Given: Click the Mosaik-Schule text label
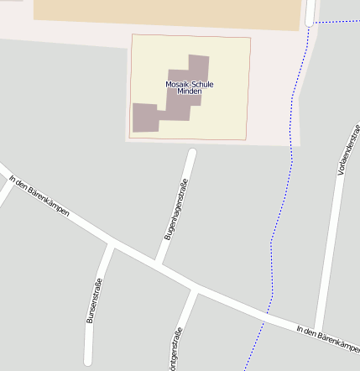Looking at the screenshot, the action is (x=189, y=84).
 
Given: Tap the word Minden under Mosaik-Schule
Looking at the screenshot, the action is (x=189, y=91).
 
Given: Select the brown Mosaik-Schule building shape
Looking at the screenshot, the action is (x=148, y=117).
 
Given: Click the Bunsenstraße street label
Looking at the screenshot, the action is (x=93, y=300).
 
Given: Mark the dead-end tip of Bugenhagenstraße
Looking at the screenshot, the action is (x=191, y=153).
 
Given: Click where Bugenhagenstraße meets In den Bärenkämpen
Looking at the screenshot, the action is (x=159, y=266).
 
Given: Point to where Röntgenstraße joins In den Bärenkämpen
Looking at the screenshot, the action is (x=195, y=290).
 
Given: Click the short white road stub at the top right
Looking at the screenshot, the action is (x=310, y=11).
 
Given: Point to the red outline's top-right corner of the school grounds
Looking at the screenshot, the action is (x=250, y=37).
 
